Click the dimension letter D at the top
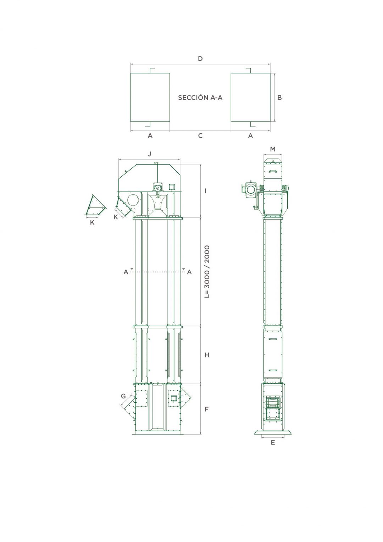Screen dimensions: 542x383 click(x=200, y=59)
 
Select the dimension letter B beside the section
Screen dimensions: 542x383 click(x=279, y=97)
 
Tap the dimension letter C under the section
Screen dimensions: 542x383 click(x=200, y=135)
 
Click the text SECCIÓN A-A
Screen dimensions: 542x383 click(x=200, y=98)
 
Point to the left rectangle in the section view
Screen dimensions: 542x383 click(x=150, y=97)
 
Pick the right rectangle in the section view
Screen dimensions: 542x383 click(x=250, y=97)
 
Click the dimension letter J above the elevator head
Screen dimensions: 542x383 click(x=149, y=154)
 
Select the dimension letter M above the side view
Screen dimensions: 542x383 click(x=273, y=149)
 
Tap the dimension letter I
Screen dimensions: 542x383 click(x=206, y=191)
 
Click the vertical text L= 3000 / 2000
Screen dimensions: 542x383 click(x=207, y=271)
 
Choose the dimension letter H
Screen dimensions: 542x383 click(x=207, y=355)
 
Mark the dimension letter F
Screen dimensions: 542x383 click(x=207, y=409)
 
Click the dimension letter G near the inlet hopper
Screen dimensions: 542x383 click(x=123, y=396)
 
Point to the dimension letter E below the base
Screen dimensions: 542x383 click(x=273, y=442)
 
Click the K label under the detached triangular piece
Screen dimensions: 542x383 click(x=92, y=223)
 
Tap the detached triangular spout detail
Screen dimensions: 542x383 click(x=94, y=206)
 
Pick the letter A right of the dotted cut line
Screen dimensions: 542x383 click(x=189, y=272)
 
